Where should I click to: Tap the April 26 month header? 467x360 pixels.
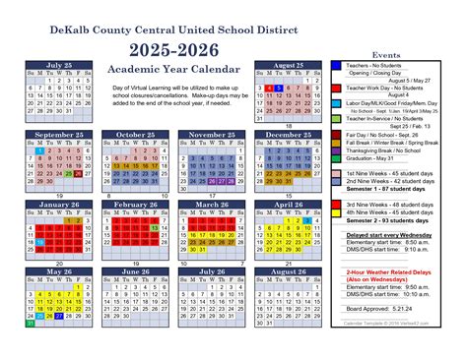pos(283,204)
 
